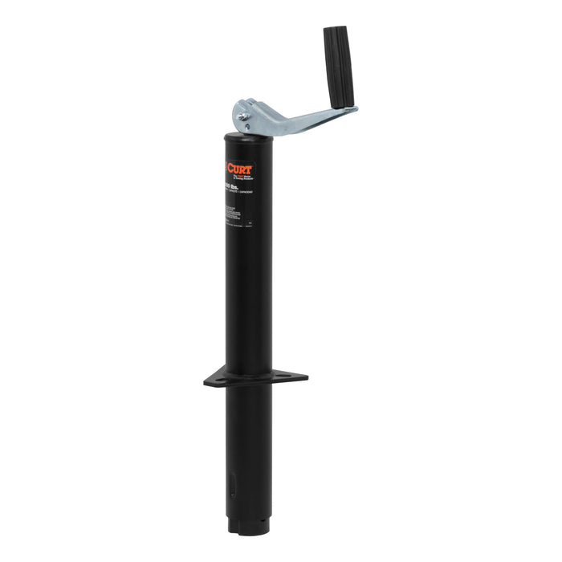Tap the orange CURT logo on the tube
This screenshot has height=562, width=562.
(x=239, y=168)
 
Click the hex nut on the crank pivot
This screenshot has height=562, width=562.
(x=242, y=117)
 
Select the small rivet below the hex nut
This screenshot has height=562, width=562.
(x=248, y=127)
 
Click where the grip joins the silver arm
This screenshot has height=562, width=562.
(x=346, y=107)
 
